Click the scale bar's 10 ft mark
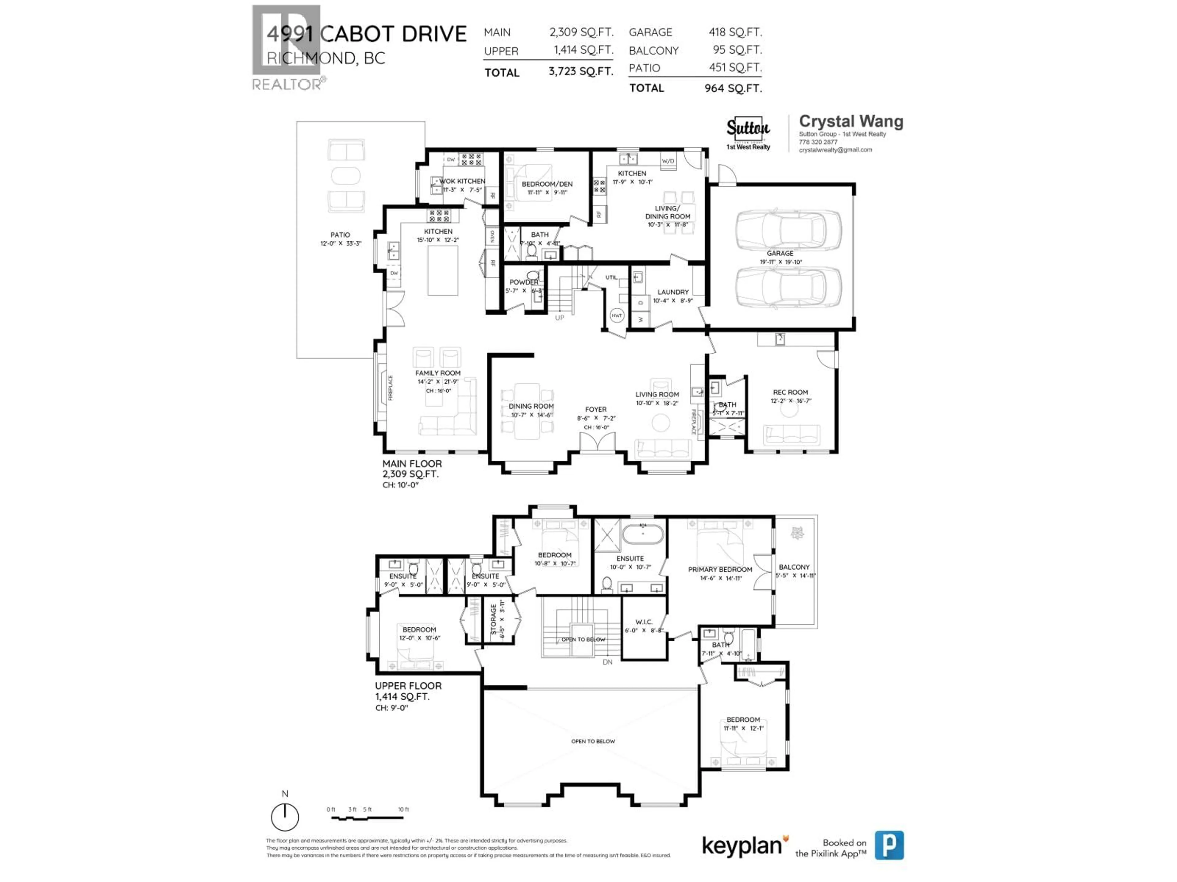point(403,810)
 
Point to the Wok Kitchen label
point(462,181)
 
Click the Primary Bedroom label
point(720,569)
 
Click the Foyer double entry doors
point(597,443)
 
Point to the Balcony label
point(794,567)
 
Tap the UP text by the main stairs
point(559,318)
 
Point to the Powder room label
point(524,282)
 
